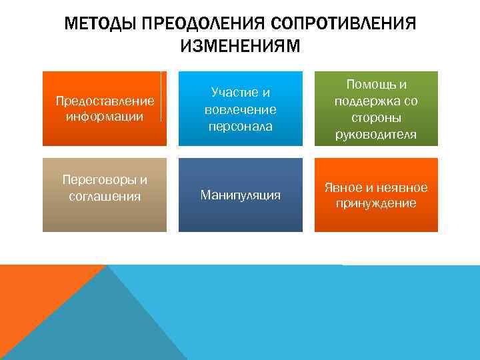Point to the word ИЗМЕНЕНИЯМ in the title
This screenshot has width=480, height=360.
pos(240,46)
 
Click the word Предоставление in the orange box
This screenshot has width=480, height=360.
pos(105,101)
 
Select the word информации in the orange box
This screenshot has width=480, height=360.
pos(105,117)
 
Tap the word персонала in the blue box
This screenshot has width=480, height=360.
pos(240,125)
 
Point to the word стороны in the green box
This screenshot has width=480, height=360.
pos(376,118)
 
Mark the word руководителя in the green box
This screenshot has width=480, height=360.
pos(376,135)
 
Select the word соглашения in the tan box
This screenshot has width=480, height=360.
pos(105,196)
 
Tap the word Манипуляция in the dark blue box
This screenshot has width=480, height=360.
pos(240,195)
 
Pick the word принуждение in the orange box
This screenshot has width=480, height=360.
pos(376,203)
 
